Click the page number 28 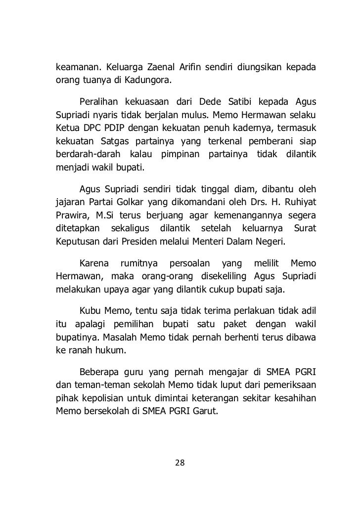[x=180, y=463]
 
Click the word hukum [x=113, y=352]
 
